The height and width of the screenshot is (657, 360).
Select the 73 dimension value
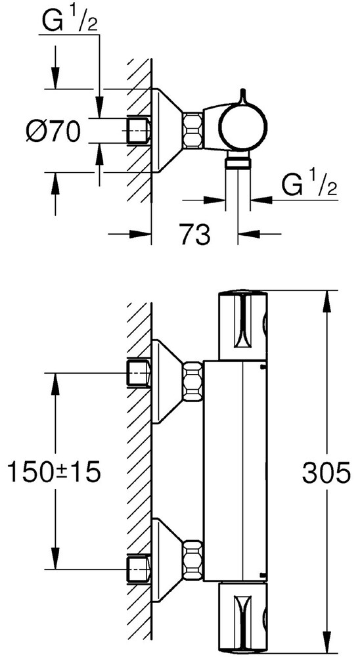point(195,233)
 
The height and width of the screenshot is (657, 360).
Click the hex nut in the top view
point(193,130)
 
